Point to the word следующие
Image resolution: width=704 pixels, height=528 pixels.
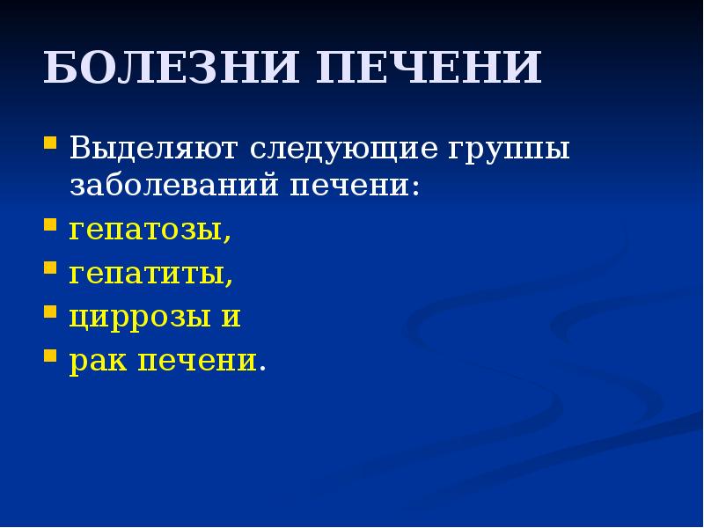[341, 148]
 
